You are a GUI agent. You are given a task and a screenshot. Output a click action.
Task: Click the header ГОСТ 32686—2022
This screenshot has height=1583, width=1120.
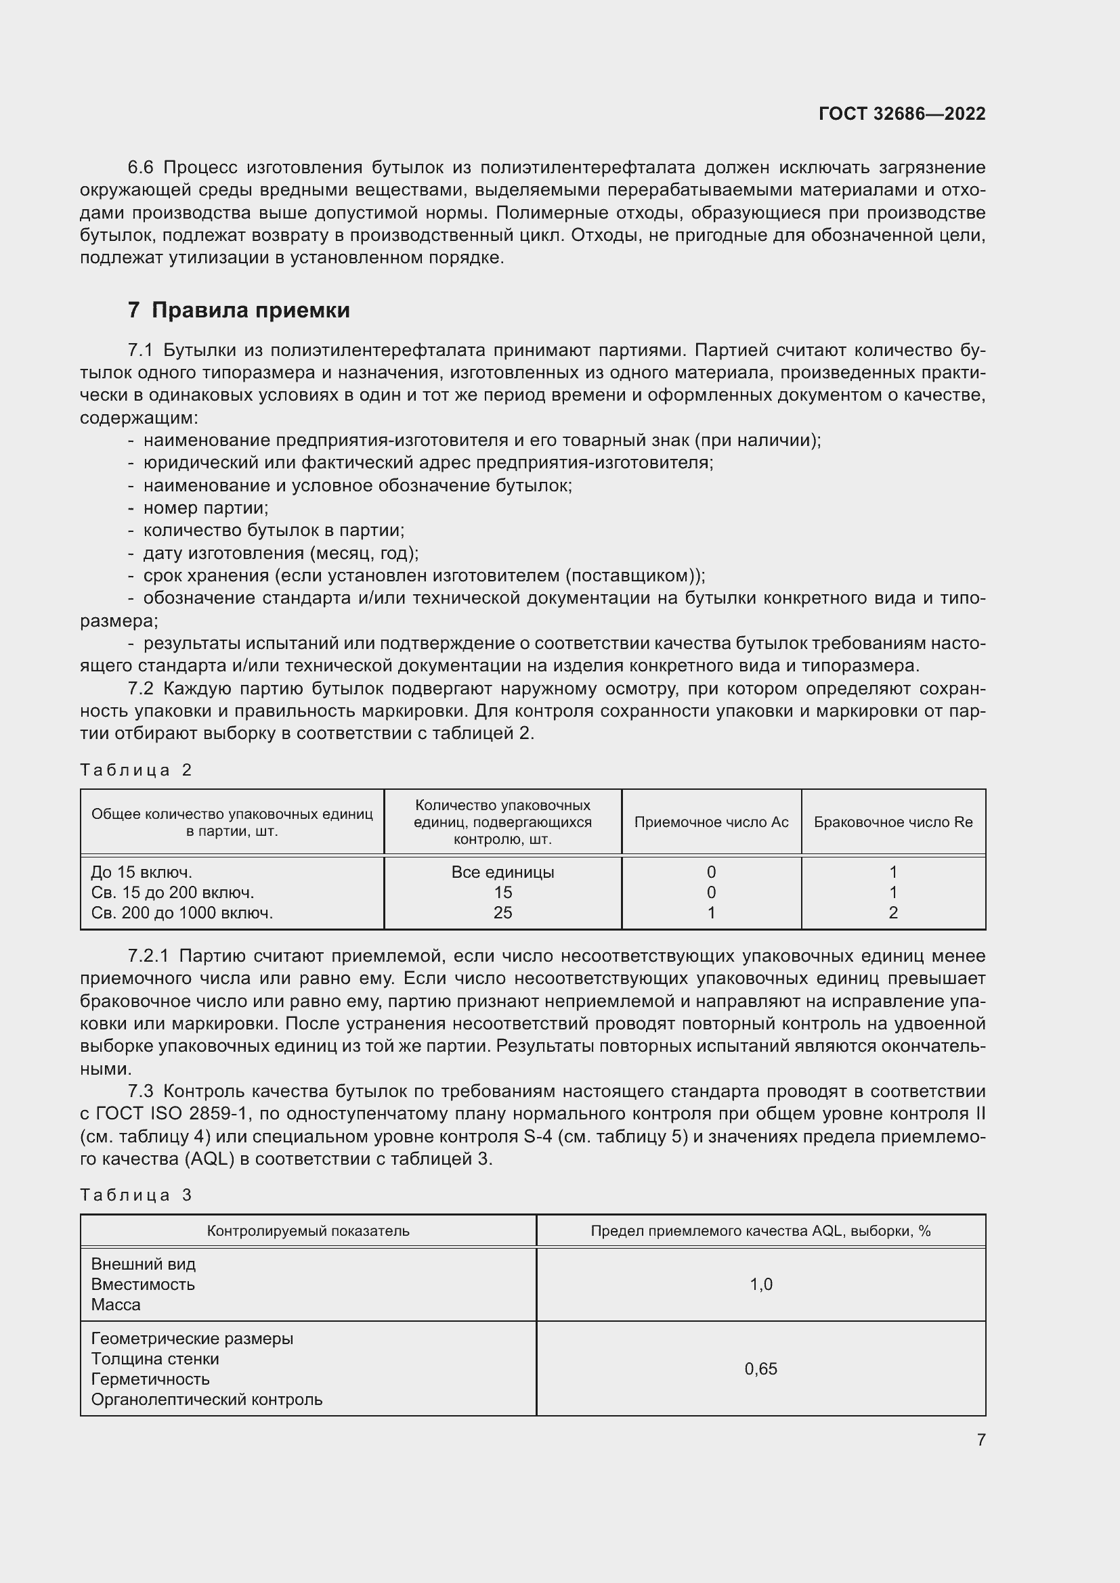point(901,114)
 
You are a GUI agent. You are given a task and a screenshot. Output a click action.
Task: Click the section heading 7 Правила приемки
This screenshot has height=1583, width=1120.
point(238,310)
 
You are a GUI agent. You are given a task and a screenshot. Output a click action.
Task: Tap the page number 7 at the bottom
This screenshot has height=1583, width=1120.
point(981,1439)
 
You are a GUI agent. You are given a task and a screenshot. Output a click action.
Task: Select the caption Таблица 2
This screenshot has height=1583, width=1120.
point(136,770)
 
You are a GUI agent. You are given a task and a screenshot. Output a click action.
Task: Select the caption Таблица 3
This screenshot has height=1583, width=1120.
point(136,1195)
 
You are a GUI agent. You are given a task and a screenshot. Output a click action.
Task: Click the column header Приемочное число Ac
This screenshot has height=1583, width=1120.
point(711,822)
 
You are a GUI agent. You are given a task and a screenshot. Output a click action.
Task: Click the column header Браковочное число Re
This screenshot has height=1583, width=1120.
point(892,822)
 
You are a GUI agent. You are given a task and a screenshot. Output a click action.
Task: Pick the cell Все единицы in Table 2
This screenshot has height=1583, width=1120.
point(502,872)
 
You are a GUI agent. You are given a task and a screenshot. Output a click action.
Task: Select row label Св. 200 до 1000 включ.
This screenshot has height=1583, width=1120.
point(182,913)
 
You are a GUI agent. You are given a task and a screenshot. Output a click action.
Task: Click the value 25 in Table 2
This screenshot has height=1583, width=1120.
point(502,913)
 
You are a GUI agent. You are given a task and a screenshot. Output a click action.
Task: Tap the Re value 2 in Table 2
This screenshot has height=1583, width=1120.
point(892,913)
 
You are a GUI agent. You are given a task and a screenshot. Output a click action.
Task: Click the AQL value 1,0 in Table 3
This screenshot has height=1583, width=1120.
point(760,1285)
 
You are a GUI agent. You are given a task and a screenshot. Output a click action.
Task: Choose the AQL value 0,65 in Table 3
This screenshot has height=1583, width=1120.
point(760,1368)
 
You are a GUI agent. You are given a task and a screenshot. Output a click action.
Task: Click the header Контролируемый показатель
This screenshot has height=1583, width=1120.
point(307,1230)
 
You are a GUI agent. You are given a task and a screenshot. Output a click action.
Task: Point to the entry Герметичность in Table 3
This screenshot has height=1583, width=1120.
point(150,1379)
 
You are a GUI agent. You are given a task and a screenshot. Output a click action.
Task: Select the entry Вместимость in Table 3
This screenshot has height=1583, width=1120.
point(143,1285)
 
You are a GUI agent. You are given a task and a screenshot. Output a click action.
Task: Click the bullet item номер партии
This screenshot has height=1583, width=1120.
point(206,508)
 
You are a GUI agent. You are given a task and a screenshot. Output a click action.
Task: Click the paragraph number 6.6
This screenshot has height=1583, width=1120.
point(142,168)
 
